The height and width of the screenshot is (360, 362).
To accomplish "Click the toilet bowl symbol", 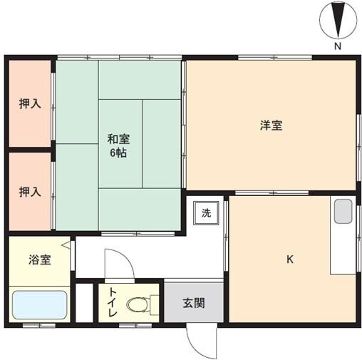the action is (x=138, y=304).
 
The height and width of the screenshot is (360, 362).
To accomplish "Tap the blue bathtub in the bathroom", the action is (x=40, y=305).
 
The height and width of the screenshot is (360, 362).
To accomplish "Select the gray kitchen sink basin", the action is (x=343, y=211).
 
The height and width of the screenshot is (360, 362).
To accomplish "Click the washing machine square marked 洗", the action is (x=206, y=213).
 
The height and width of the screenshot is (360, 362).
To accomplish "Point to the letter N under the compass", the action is (x=338, y=46).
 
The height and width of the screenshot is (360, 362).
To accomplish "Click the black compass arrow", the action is (x=338, y=20).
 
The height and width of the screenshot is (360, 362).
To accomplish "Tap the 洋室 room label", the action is (x=271, y=125).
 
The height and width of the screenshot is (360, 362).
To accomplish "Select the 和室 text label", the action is (x=118, y=139).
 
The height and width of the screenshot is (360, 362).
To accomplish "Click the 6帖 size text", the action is (x=118, y=153).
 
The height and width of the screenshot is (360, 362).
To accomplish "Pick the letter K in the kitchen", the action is (x=290, y=259).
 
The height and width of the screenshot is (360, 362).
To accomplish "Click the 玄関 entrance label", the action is (x=194, y=303).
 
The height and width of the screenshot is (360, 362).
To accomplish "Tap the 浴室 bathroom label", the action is (x=40, y=259).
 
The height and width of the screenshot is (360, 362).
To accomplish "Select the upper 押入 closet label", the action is (x=30, y=103).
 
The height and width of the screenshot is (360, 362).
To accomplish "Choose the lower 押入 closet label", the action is (x=30, y=192).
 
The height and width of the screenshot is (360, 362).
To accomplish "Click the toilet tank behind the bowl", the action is (x=155, y=304).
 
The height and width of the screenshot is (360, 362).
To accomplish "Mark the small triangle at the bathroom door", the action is (x=66, y=245).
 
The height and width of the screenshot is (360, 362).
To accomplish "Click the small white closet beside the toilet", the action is (x=84, y=303).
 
